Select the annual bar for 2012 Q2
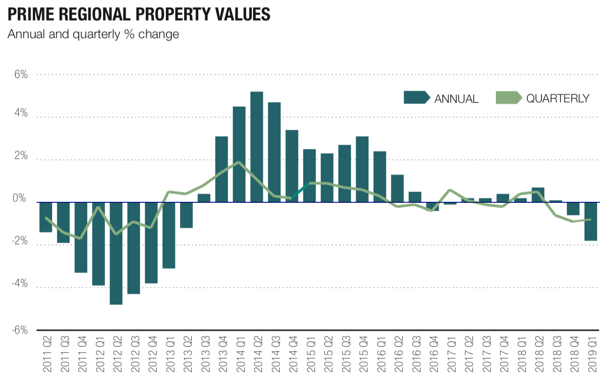click(x=116, y=253)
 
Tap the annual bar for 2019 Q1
click(x=590, y=221)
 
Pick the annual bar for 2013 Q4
click(x=221, y=169)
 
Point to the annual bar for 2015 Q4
click(x=362, y=169)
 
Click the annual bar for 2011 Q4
click(x=81, y=237)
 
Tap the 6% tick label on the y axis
click(x=20, y=74)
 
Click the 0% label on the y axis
click(x=20, y=199)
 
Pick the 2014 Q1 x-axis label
click(x=240, y=354)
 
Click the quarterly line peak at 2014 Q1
click(x=239, y=162)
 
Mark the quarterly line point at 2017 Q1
click(x=450, y=190)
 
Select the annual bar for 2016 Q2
click(x=397, y=188)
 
